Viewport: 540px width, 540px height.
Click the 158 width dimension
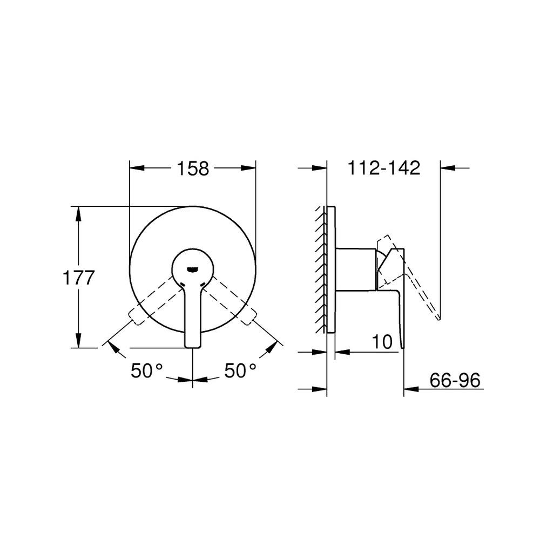click(x=193, y=168)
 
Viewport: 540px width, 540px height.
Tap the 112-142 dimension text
click(x=383, y=168)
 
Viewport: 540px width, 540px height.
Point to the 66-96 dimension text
click(x=455, y=381)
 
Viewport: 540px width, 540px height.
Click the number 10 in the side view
click(x=382, y=342)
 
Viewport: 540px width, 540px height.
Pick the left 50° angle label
click(x=146, y=370)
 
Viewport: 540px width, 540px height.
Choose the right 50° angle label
click(x=240, y=370)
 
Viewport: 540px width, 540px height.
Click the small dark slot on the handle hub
click(x=193, y=269)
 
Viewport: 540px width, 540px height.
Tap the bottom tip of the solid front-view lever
click(x=193, y=347)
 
